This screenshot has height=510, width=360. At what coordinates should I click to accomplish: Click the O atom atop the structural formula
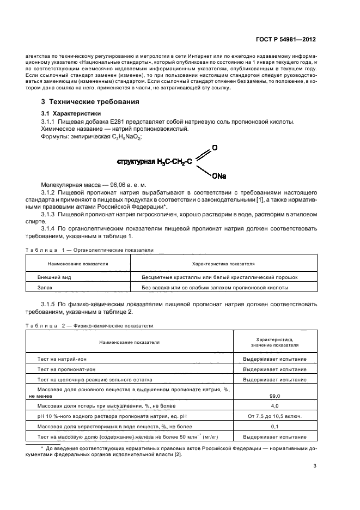click(215, 148)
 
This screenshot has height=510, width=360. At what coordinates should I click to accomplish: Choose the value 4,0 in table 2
click(274, 406)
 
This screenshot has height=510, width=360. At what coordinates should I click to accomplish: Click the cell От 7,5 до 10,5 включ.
click(274, 416)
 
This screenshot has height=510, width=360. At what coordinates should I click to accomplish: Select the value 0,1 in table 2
click(274, 427)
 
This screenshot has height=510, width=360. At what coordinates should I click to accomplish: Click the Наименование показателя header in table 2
click(129, 342)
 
